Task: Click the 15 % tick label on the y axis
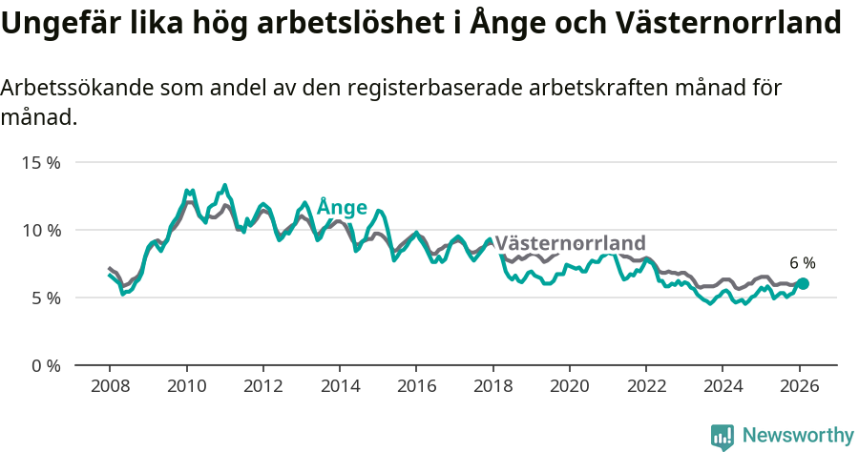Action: click(x=41, y=162)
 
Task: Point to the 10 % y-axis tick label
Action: click(x=41, y=230)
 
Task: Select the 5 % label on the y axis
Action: click(x=45, y=298)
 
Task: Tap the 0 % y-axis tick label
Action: click(x=45, y=365)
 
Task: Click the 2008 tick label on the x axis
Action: click(x=110, y=387)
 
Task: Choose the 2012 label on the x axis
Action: click(x=262, y=387)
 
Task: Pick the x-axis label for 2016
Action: click(x=416, y=387)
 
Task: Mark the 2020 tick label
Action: click(x=570, y=387)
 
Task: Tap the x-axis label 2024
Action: click(x=723, y=387)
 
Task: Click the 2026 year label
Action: click(x=799, y=387)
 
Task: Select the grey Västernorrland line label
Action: click(x=570, y=243)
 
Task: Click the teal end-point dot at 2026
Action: click(x=803, y=283)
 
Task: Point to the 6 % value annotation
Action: click(x=803, y=263)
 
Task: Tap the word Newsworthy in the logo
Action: click(x=797, y=436)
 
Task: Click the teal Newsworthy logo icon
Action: click(x=723, y=437)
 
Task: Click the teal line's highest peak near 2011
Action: click(x=225, y=185)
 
